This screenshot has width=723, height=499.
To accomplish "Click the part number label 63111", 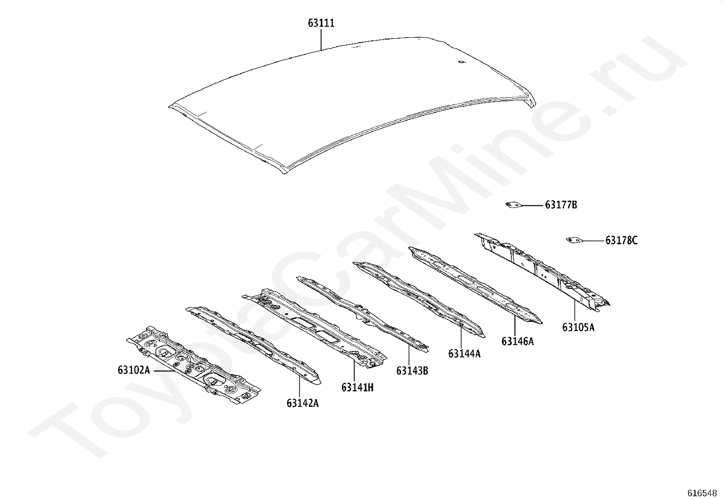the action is (322, 23).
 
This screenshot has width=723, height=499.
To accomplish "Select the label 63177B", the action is (561, 205).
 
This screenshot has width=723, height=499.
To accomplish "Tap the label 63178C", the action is (621, 241).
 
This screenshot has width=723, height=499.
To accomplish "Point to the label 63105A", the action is (578, 327).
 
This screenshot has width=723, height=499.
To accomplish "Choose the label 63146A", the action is (518, 341).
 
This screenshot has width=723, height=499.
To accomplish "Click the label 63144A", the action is (464, 354).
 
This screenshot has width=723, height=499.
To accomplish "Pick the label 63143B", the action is (412, 371).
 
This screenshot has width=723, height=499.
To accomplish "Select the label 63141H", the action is (357, 388).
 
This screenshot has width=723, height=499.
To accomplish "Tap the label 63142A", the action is (302, 403).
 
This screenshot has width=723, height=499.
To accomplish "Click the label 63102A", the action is (134, 371).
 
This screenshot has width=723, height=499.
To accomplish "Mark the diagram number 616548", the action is (702, 493).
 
